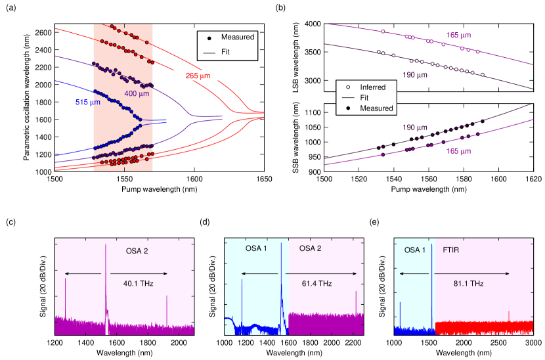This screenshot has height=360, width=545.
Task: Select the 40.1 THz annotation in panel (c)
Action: (139, 283)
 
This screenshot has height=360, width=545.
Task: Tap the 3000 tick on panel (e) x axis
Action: (533, 342)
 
